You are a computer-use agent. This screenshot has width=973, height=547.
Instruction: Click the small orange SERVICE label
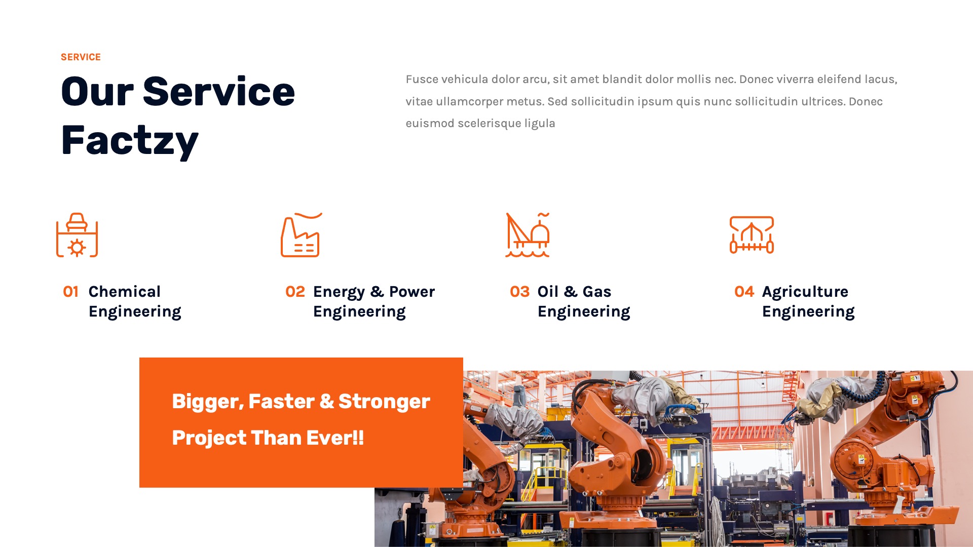(x=81, y=57)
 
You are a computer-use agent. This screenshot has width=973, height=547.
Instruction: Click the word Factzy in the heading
(x=130, y=141)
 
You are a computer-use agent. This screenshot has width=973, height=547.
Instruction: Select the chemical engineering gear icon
(x=77, y=236)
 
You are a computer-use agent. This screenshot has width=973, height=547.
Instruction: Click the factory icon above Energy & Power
(x=301, y=236)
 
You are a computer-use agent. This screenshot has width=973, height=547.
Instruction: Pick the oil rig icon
(x=528, y=236)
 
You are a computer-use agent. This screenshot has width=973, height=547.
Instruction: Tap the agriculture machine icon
(x=752, y=236)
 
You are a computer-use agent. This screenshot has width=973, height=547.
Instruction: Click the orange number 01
(x=71, y=292)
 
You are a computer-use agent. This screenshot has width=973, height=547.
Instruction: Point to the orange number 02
(x=295, y=292)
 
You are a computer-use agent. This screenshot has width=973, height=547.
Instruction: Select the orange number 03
(x=519, y=292)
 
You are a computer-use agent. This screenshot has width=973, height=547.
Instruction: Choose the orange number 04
(x=744, y=292)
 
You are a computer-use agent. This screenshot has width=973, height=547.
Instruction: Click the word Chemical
(x=124, y=292)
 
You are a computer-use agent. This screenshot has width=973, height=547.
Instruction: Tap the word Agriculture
(x=805, y=292)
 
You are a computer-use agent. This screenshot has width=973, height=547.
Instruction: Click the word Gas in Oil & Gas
(x=596, y=292)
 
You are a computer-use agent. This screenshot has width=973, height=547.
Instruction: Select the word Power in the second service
(x=411, y=292)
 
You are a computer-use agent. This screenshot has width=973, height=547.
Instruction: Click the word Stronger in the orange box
(x=384, y=402)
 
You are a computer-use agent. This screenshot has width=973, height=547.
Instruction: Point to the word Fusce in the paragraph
(x=421, y=80)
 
